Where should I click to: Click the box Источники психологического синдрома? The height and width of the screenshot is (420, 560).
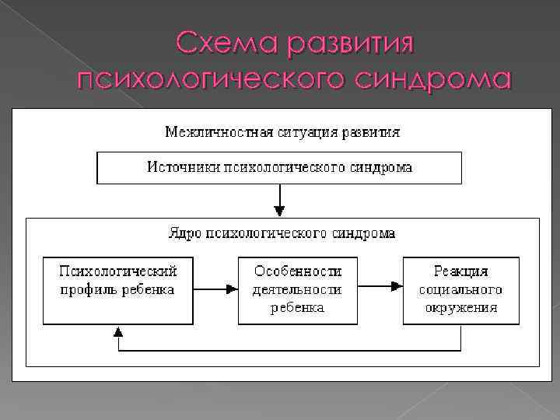279,167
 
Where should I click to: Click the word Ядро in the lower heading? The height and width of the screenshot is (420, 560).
184,233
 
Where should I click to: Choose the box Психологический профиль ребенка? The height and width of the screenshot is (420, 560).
119,289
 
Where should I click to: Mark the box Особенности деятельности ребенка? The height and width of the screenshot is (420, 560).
298,289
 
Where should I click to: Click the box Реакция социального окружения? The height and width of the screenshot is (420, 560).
461,289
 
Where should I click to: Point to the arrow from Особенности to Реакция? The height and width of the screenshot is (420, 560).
380,289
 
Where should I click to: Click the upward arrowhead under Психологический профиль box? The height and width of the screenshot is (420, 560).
118,331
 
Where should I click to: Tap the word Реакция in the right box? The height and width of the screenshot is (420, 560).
461,271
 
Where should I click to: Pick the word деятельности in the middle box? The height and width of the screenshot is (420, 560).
298,289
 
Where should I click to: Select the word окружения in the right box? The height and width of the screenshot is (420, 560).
461,307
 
